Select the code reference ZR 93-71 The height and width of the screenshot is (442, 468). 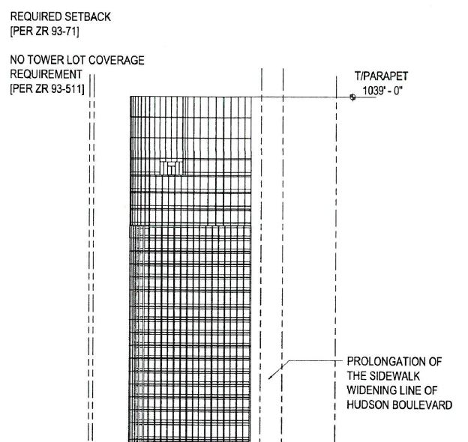(57, 31)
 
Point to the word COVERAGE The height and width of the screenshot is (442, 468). (116, 60)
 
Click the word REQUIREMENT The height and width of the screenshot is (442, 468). (46, 74)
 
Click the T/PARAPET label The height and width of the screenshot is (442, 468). (381, 76)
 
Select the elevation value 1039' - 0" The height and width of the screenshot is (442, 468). (382, 91)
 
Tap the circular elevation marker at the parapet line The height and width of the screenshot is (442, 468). (352, 97)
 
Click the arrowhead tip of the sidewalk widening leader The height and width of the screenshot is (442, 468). (268, 379)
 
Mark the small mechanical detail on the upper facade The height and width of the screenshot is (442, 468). (171, 168)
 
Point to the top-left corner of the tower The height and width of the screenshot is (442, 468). (130, 97)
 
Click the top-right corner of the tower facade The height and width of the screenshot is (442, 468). (251, 97)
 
